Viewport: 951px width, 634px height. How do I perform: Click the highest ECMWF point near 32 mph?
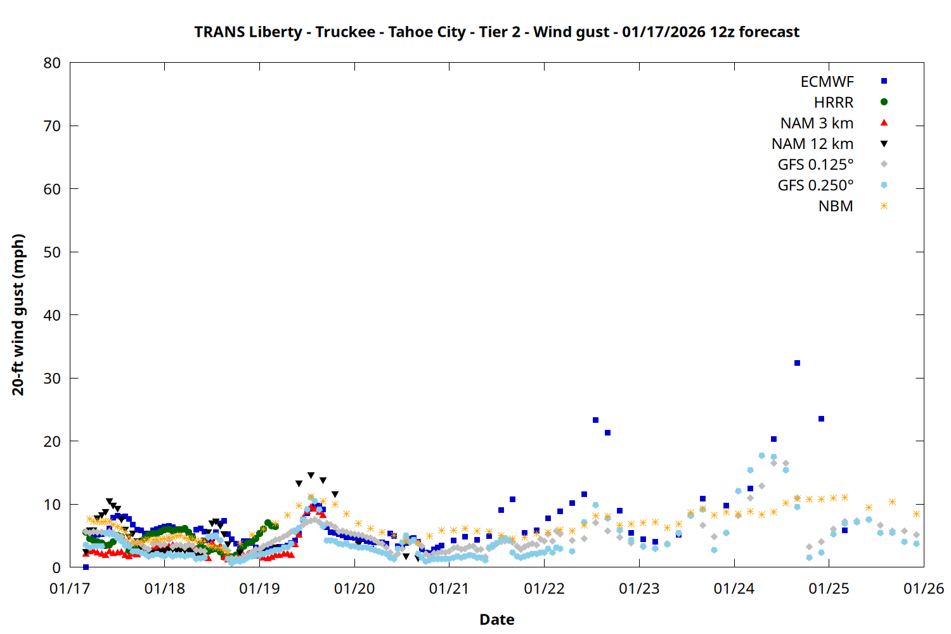tap(797, 363)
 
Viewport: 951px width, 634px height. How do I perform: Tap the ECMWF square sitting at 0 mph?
tap(86, 567)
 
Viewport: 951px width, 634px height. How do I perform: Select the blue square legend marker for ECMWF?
tap(884, 81)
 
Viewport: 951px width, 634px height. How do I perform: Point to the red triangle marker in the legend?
tap(884, 123)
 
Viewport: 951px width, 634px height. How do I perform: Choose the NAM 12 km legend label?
tap(812, 144)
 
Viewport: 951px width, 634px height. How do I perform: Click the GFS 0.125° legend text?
tap(815, 165)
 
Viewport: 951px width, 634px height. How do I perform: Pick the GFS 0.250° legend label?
tap(815, 186)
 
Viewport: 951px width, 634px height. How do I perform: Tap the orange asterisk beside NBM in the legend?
tap(884, 206)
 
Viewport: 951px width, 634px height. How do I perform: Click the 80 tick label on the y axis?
tap(52, 63)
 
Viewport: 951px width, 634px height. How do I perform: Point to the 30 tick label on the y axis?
tap(52, 378)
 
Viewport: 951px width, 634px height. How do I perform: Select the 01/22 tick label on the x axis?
tap(544, 588)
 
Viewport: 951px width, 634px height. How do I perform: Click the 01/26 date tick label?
tap(923, 588)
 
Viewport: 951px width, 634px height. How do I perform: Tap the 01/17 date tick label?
tap(70, 588)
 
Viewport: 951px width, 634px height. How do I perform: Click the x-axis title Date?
tap(496, 619)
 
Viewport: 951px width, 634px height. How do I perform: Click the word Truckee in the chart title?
tap(345, 32)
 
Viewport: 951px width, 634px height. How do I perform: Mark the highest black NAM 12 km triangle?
tap(311, 475)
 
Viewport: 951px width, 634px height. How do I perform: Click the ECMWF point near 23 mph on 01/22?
tap(595, 420)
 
